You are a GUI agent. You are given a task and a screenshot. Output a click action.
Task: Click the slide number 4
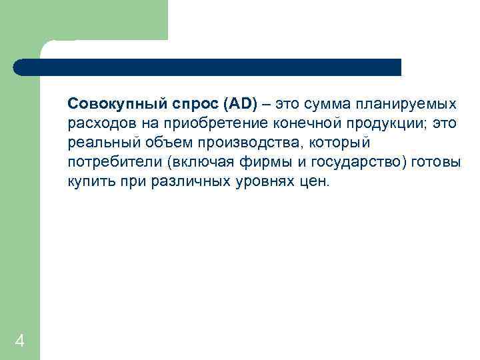19,342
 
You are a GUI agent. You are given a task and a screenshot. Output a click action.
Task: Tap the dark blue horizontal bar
207,67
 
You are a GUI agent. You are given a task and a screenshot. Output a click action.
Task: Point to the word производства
233,143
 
